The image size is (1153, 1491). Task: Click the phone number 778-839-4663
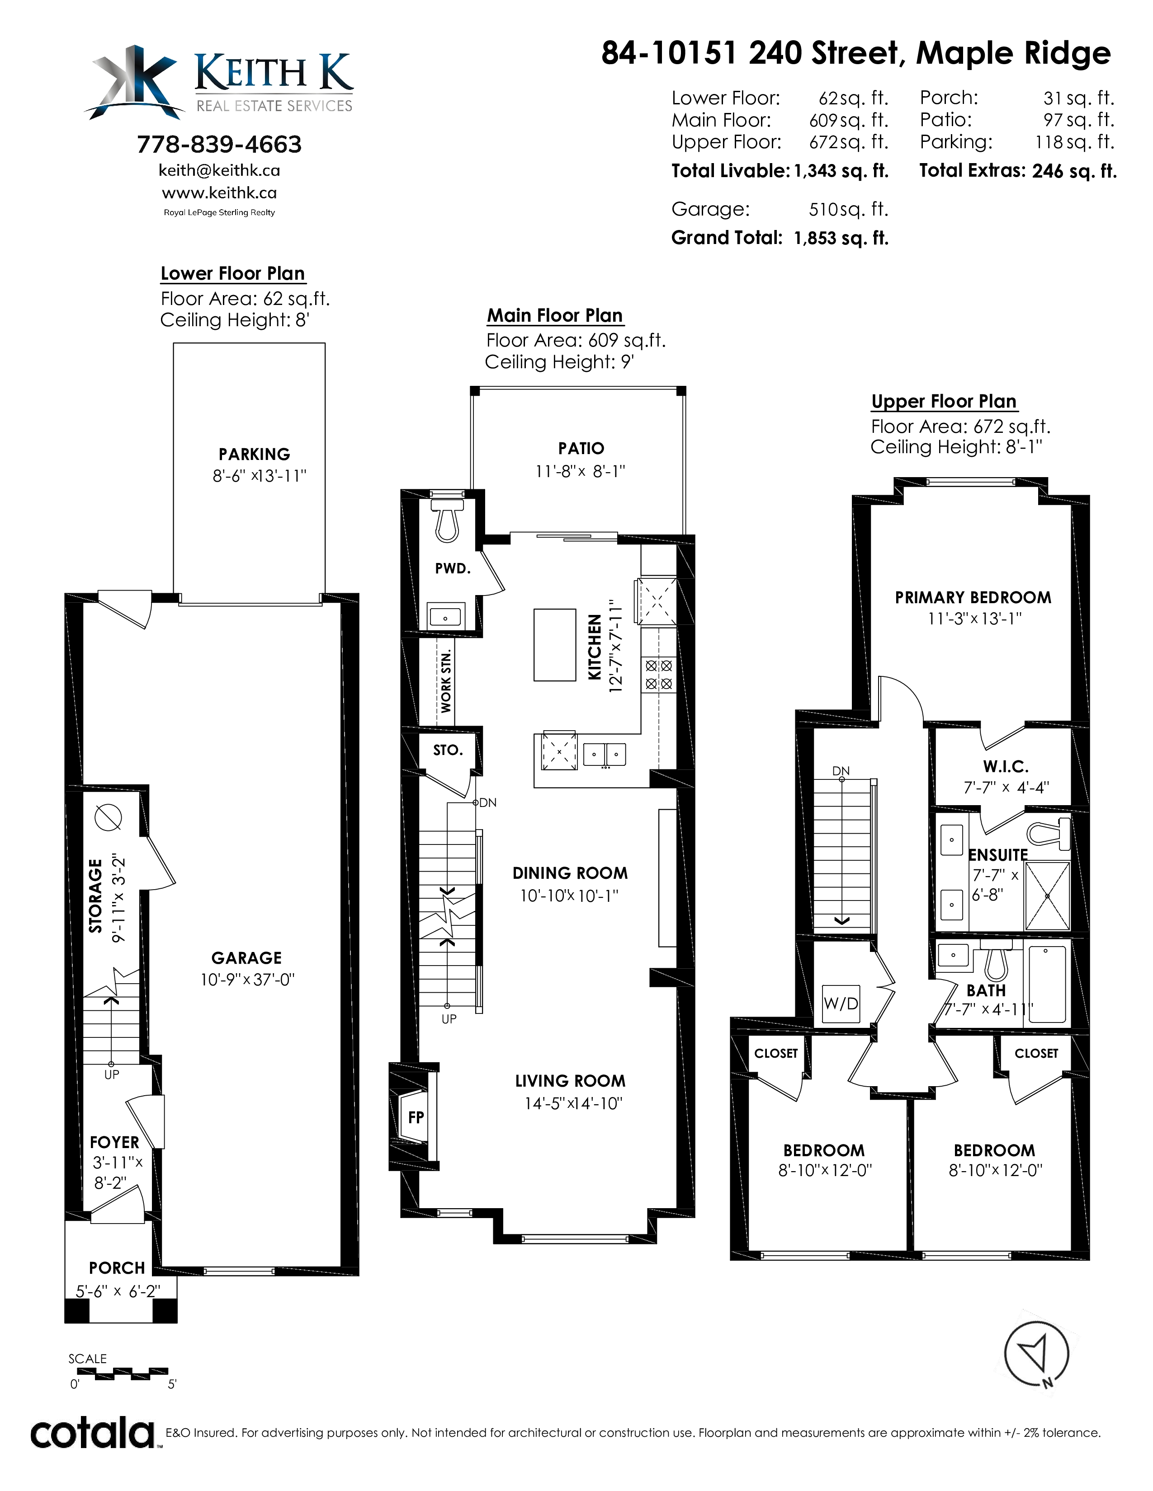(219, 144)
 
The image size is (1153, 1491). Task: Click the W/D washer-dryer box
(841, 1003)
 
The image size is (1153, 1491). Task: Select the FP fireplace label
(416, 1117)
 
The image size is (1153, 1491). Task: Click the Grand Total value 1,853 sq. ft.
(841, 238)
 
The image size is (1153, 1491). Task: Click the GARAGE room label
(246, 958)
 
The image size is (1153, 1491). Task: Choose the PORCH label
(117, 1268)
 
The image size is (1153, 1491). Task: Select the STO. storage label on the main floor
(448, 750)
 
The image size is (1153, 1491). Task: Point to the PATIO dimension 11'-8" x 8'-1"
(581, 471)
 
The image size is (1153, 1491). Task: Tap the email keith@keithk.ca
(219, 170)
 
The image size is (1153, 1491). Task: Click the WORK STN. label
(446, 681)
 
